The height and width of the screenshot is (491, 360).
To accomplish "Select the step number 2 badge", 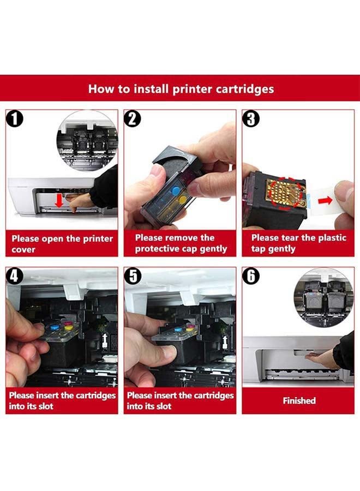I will [133, 118].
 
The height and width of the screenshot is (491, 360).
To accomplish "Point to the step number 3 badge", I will [251, 118].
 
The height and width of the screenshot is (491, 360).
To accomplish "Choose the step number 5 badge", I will [133, 276].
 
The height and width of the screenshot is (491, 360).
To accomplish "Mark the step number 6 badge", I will [251, 276].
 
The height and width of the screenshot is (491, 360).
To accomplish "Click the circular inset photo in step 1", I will [87, 140].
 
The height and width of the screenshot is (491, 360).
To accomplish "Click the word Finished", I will [299, 400].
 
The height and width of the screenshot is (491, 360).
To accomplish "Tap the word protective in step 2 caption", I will [158, 249].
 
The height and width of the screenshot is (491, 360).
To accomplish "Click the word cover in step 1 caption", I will [23, 249].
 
